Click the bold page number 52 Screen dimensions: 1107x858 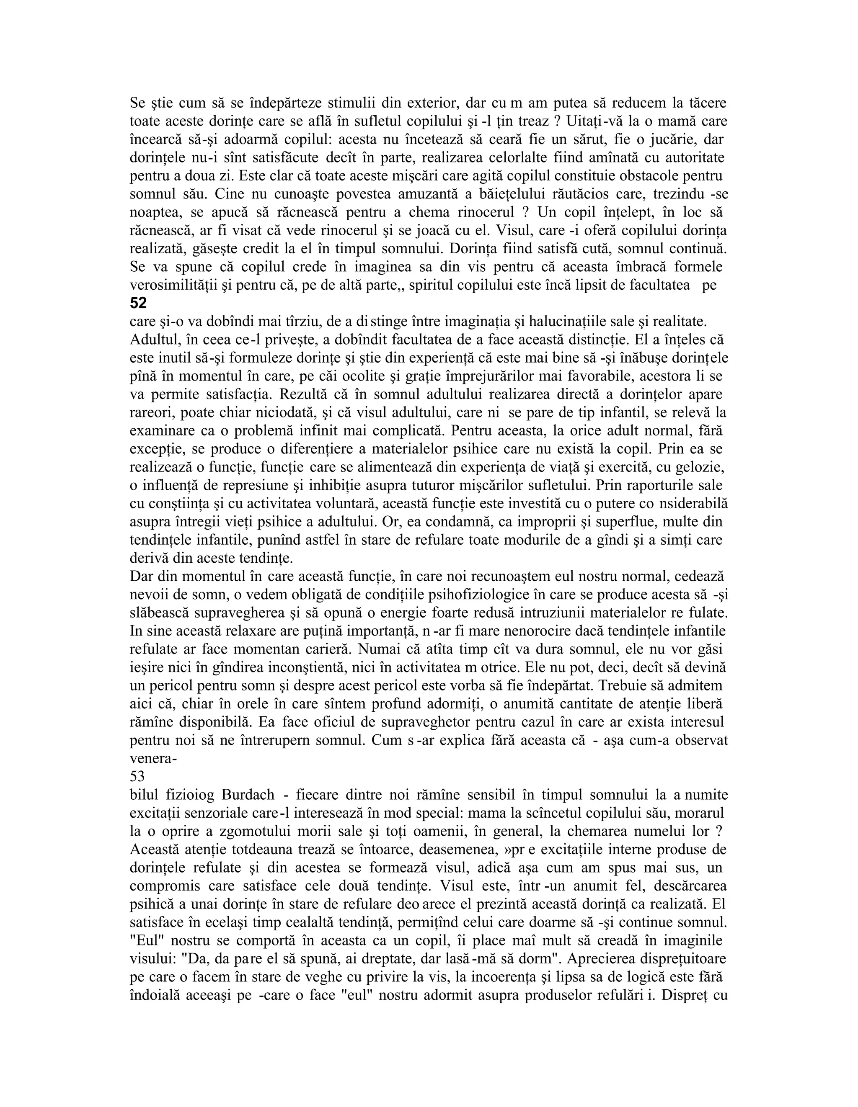138,303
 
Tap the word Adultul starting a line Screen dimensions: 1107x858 153,340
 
